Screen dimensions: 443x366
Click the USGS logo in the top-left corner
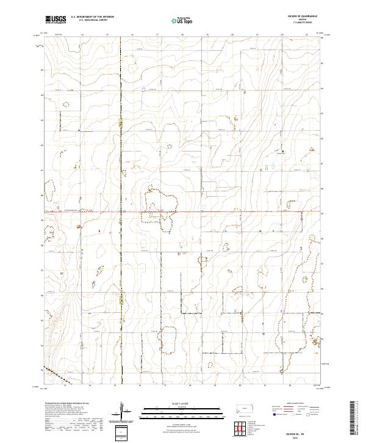coord(56,20)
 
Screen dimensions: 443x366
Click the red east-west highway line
coord(213,212)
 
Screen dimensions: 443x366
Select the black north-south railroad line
coord(121,183)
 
